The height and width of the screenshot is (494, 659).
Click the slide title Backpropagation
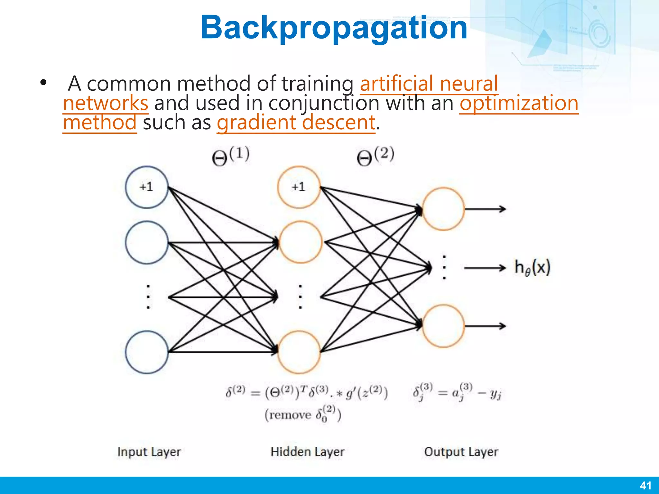tap(334, 28)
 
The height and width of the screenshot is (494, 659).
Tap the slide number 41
tap(645, 485)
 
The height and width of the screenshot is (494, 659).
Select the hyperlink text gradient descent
tap(296, 123)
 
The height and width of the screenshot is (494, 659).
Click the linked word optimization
tap(519, 103)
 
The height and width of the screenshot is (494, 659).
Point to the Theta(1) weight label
tap(231, 156)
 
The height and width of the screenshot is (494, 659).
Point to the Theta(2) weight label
tap(375, 156)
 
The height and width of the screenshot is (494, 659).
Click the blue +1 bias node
tap(147, 187)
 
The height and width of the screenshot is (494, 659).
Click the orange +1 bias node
tap(299, 187)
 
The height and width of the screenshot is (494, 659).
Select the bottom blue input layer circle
tap(147, 352)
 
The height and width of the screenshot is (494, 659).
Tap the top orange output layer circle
tap(443, 209)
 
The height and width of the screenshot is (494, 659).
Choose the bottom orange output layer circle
tap(443, 326)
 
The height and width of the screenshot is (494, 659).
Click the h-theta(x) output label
tap(533, 268)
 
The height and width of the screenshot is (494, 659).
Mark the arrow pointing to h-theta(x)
tap(485, 268)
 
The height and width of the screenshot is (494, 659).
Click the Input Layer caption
tap(149, 452)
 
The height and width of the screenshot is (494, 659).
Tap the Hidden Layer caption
tap(307, 452)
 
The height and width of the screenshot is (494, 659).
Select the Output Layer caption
tap(461, 452)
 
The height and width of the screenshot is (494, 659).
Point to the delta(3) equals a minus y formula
tap(457, 392)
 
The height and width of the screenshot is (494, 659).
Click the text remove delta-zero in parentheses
tap(302, 414)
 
